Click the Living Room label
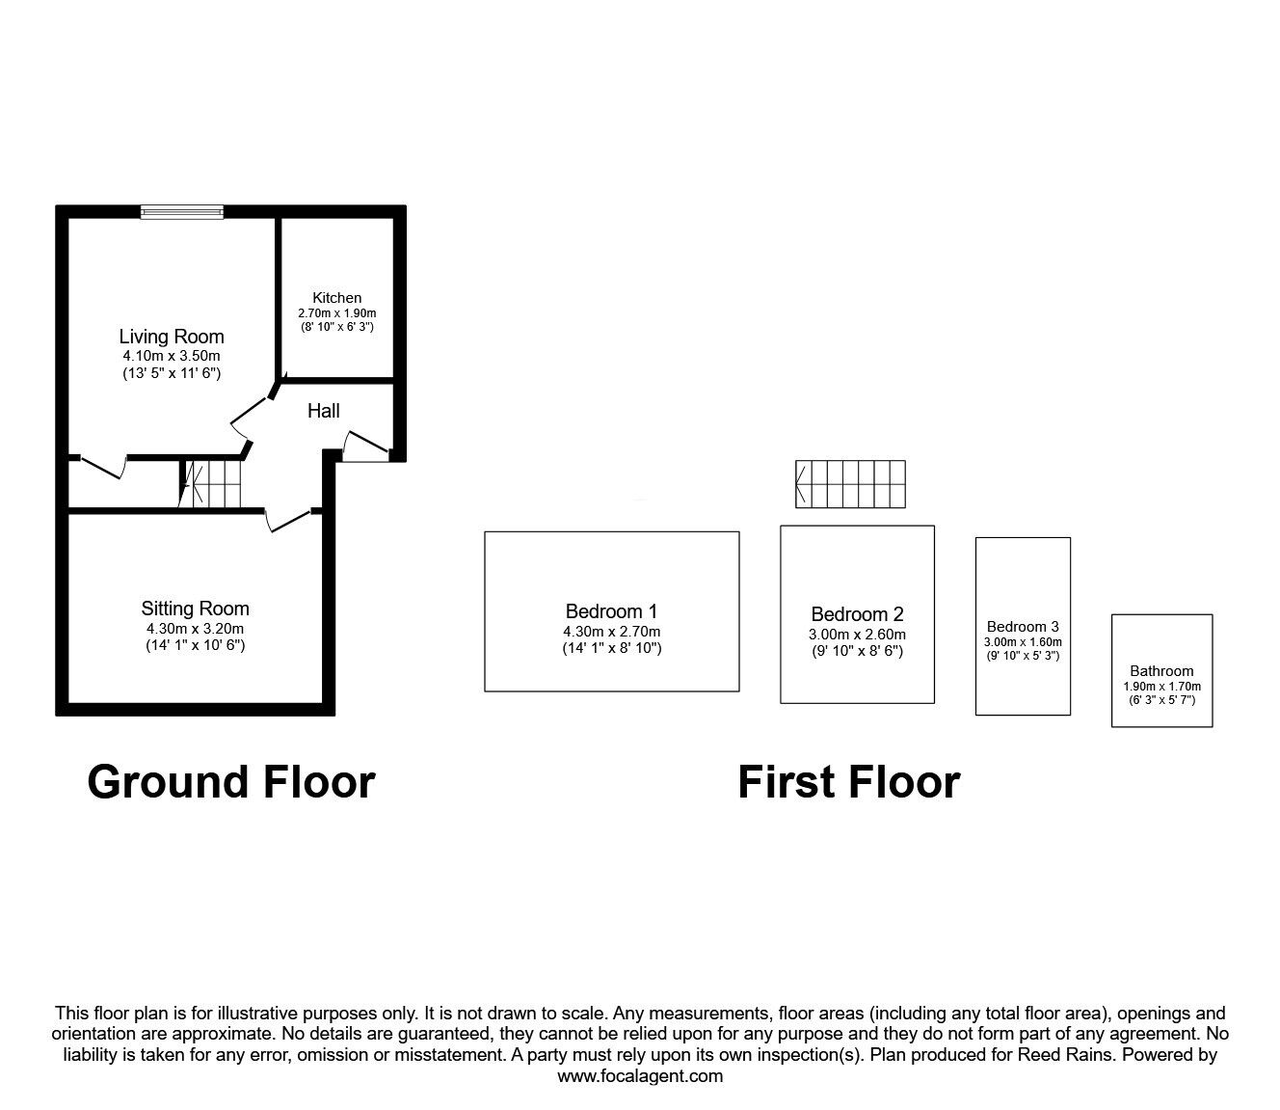172,337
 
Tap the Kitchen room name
336,298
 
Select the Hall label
324,411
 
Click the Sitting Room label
195,609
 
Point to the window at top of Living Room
182,212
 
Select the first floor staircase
850,484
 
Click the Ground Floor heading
230,782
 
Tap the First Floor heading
848,782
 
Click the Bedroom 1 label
611,611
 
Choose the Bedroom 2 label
857,614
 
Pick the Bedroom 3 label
1023,627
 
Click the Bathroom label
1161,671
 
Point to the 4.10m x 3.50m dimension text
172,356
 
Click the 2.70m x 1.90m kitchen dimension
336,313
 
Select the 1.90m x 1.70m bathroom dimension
1161,687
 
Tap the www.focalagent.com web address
640,1076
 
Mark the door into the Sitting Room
289,519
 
